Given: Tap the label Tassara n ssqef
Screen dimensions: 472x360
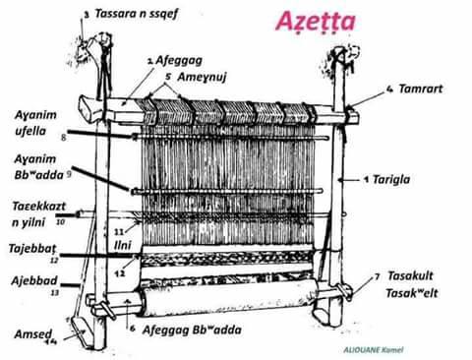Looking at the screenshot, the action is pyautogui.click(x=137, y=15).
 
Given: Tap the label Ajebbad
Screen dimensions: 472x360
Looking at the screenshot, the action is pyautogui.click(x=34, y=280).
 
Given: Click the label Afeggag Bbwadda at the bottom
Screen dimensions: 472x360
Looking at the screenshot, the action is pyautogui.click(x=193, y=330).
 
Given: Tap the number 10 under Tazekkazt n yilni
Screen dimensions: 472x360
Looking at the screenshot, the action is pyautogui.click(x=60, y=222).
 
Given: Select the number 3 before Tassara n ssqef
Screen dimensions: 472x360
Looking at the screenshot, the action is pyautogui.click(x=86, y=15).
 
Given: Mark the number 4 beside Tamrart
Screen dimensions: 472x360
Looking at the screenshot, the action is pyautogui.click(x=390, y=89).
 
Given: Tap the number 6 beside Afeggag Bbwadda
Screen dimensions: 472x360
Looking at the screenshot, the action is pyautogui.click(x=133, y=329).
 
